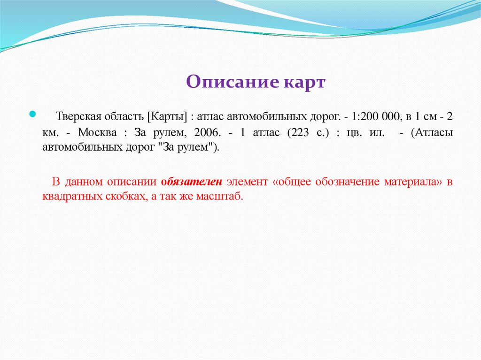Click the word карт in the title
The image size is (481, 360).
(x=304, y=82)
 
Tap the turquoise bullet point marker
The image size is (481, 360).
(x=32, y=114)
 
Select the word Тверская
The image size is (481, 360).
(x=77, y=116)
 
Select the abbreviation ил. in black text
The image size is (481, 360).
(x=374, y=132)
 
